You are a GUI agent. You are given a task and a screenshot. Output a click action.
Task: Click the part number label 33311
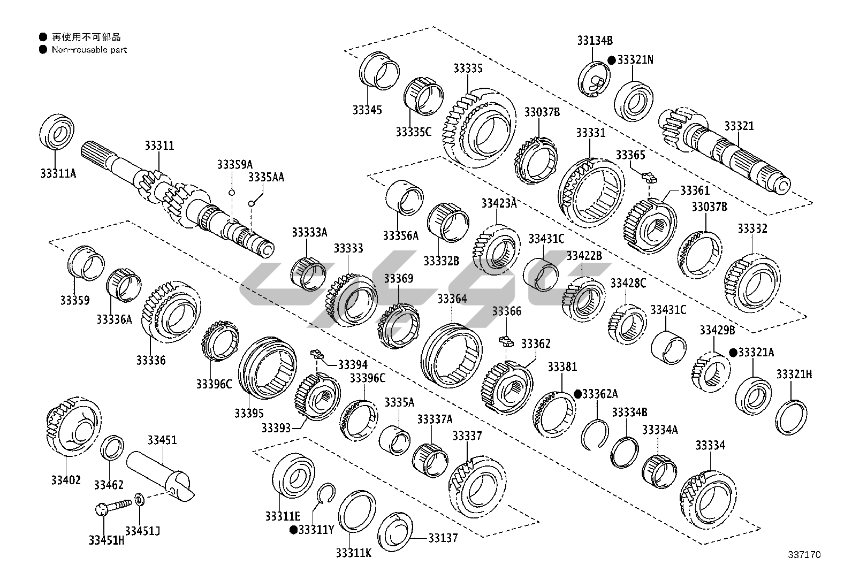point(159,146)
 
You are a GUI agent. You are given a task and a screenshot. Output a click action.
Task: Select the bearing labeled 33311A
point(57,131)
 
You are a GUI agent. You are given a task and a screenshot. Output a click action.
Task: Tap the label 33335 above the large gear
point(468,68)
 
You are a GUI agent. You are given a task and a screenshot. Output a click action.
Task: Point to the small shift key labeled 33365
point(649,177)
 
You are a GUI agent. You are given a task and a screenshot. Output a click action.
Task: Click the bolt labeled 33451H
point(113,507)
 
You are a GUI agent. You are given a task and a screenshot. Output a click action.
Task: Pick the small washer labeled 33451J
point(140,499)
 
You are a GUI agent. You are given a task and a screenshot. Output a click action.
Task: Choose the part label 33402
point(66,480)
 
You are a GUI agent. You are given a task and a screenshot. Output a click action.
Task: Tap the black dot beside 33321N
point(612,60)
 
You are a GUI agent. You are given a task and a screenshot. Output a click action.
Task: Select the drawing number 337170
point(804,555)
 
